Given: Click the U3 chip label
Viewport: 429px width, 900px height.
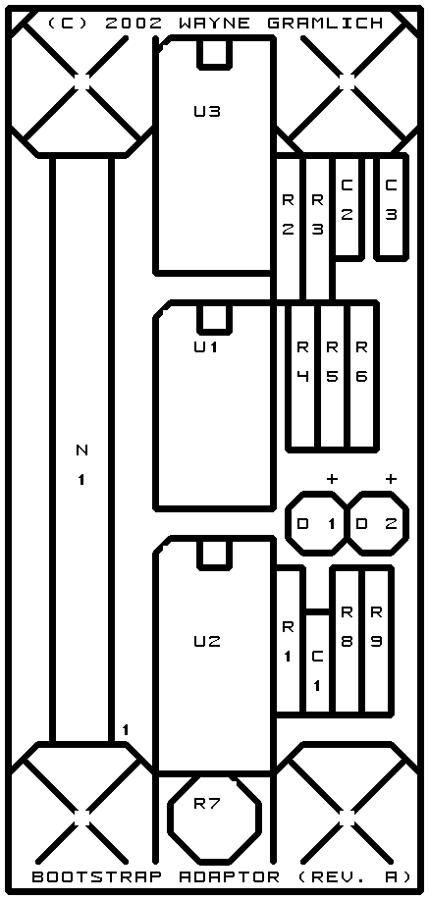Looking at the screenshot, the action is pos(207,111).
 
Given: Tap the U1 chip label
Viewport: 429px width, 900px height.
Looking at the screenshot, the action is pos(206,347).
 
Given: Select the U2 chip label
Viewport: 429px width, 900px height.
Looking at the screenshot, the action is pos(207,641).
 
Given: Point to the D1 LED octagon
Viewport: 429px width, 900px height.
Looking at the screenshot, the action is pos(286,523).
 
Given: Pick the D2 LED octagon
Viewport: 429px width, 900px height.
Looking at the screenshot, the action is pos(407,523).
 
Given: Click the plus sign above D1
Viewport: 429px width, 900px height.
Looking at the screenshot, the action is pos(332,478).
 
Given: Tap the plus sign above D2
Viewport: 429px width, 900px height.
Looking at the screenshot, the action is pos(391,478).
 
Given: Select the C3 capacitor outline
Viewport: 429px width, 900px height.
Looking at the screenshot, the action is pos(376,207).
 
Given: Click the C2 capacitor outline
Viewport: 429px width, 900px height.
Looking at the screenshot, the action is pos(362,207).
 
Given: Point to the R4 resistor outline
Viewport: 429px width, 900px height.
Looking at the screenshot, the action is pos(289,376).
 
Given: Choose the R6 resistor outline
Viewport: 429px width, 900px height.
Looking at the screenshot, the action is pos(377,376).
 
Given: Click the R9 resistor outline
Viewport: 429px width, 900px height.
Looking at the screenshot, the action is pos(392,640).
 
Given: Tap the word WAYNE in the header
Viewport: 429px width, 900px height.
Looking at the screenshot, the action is pos(214,24).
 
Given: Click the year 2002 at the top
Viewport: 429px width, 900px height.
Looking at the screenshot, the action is pos(134,24).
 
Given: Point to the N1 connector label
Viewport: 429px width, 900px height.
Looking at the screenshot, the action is pos(82,465).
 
